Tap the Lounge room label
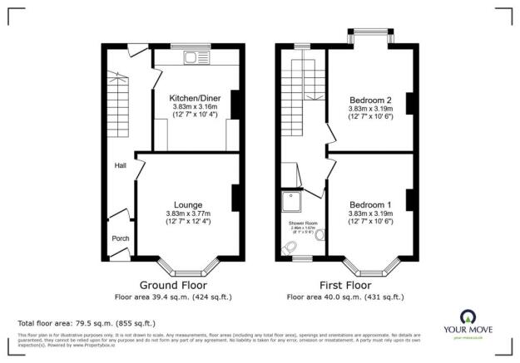point(187,204)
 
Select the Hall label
point(121,166)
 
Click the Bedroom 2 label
point(370,99)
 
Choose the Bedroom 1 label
point(370,204)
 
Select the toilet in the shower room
point(290,248)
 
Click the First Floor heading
point(344,285)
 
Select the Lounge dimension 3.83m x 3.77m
point(187,213)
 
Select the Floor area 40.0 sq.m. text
point(344,296)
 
